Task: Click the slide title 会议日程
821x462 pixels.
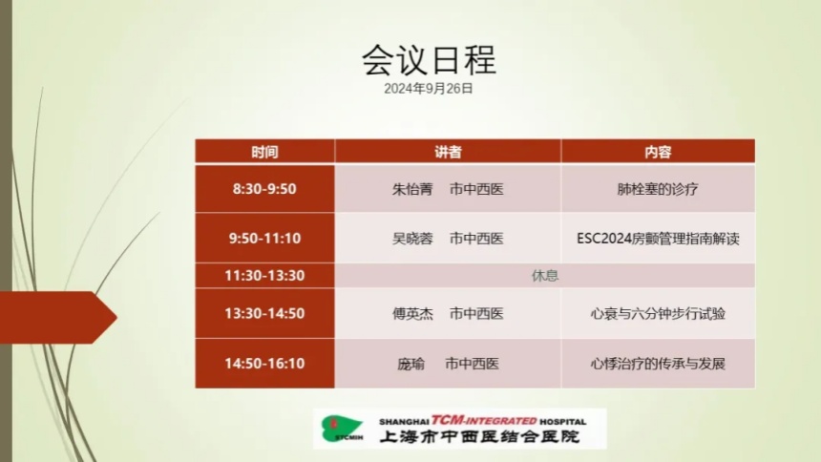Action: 429,60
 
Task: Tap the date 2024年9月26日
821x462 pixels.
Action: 429,89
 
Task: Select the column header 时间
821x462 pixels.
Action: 264,152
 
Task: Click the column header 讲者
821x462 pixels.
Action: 448,152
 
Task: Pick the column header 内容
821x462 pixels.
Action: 658,152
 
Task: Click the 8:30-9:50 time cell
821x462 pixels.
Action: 264,189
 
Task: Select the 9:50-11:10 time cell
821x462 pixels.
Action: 264,239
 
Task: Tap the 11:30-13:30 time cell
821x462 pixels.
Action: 264,276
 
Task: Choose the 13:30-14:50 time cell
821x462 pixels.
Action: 264,313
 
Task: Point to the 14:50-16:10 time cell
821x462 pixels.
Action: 264,364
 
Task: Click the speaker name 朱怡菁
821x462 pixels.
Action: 412,189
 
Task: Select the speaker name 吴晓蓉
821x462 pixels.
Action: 412,239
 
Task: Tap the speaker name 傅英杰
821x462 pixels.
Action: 412,314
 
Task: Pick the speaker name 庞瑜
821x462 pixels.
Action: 410,364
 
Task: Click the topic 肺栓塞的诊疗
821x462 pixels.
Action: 658,189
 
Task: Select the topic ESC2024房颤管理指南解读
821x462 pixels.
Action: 658,239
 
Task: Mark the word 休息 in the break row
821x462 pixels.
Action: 545,276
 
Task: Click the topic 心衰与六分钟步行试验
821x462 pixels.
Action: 658,314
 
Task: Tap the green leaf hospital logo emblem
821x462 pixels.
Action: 343,428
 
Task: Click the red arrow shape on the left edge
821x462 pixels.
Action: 57,318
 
